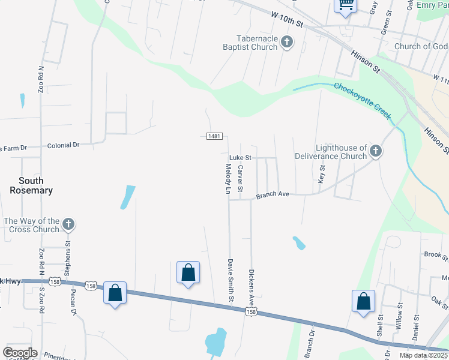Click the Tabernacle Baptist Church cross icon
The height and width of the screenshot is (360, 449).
(287, 42)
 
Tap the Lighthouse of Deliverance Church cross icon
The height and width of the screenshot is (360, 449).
(375, 151)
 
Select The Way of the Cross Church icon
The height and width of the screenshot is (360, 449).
(68, 225)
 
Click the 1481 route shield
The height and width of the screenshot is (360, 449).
(214, 136)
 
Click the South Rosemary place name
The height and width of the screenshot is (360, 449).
(31, 185)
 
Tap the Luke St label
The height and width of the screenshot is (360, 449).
(239, 158)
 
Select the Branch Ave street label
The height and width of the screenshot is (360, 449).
(273, 195)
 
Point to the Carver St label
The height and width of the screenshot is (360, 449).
(240, 178)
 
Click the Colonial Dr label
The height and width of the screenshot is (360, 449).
(64, 145)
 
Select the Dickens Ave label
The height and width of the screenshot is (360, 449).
(252, 284)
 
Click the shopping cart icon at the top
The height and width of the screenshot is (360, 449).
(346, 5)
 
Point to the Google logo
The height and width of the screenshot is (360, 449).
(20, 352)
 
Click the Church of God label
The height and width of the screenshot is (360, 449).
(421, 46)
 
